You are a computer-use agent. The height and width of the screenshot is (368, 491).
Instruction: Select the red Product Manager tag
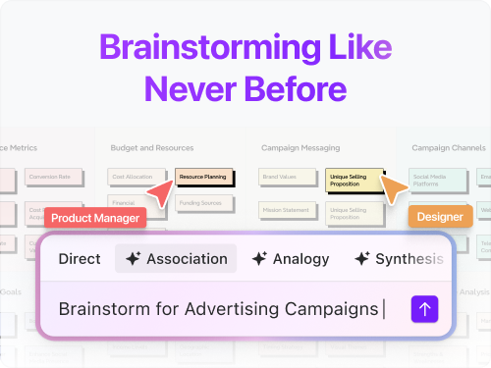pyautogui.click(x=96, y=218)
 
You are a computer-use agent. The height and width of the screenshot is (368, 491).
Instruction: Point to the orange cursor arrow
pyautogui.click(x=395, y=189)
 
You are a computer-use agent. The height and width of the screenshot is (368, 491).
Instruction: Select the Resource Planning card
pyautogui.click(x=203, y=178)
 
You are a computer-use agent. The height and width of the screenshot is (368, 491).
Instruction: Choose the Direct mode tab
pyautogui.click(x=80, y=259)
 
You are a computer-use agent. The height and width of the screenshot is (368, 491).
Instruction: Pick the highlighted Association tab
pyautogui.click(x=176, y=259)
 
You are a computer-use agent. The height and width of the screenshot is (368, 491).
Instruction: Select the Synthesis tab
pyautogui.click(x=399, y=259)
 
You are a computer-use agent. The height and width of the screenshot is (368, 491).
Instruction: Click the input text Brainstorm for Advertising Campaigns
pyautogui.click(x=218, y=309)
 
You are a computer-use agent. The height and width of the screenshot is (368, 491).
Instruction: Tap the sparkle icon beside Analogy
pyautogui.click(x=260, y=259)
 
